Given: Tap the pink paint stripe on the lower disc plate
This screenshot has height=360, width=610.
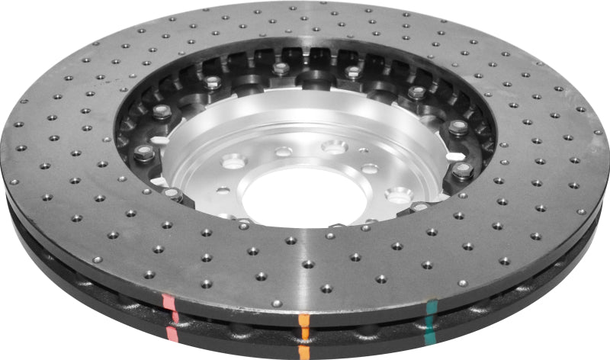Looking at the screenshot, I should (x=173, y=333).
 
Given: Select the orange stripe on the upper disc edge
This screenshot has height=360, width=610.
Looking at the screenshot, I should (x=303, y=320).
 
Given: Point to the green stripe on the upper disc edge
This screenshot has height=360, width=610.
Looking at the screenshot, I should (x=432, y=308).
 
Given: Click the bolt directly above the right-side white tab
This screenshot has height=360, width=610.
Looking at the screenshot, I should (x=457, y=127).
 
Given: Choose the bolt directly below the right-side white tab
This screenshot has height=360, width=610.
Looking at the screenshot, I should (x=462, y=170).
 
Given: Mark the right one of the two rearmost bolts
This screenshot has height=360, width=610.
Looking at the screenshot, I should (x=352, y=72).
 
